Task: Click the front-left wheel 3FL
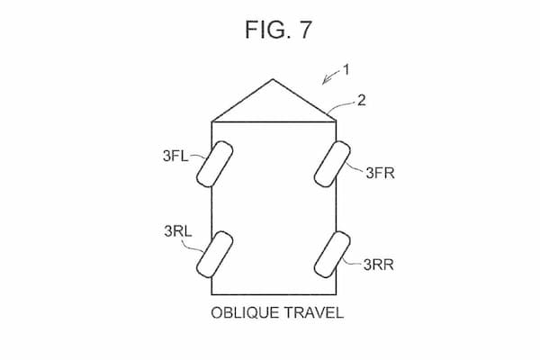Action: pyautogui.click(x=214, y=164)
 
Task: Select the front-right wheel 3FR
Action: pyautogui.click(x=332, y=164)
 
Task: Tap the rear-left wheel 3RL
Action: pyautogui.click(x=214, y=254)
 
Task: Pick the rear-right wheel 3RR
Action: pyautogui.click(x=332, y=254)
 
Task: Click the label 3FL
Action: pyautogui.click(x=175, y=156)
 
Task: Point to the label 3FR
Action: pyautogui.click(x=380, y=173)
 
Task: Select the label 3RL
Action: pyautogui.click(x=178, y=231)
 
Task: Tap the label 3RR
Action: pyautogui.click(x=379, y=265)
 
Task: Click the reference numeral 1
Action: pyautogui.click(x=346, y=70)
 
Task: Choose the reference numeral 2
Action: pyautogui.click(x=361, y=100)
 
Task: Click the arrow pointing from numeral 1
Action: pyautogui.click(x=331, y=77)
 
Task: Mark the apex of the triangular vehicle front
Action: pyautogui.click(x=273, y=79)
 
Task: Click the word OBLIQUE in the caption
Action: pyautogui.click(x=245, y=313)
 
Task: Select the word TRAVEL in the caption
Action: pyautogui.click(x=314, y=313)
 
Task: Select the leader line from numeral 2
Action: pyautogui.click(x=341, y=106)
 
